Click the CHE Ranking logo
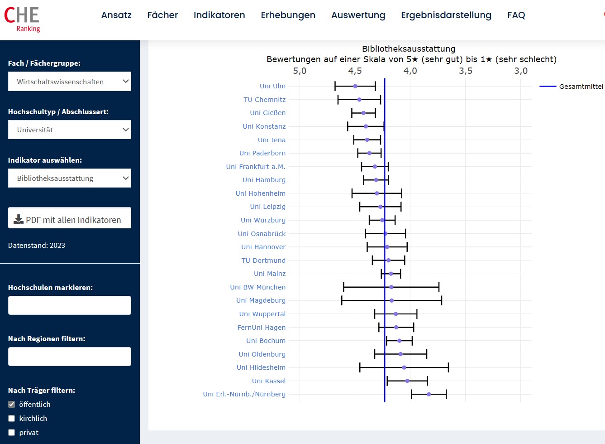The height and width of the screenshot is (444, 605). (22, 19)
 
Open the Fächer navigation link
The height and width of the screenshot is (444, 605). (162, 15)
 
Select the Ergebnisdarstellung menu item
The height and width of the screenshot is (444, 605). (446, 15)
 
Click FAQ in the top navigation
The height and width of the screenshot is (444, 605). (516, 15)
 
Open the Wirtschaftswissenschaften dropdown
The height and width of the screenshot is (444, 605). (70, 82)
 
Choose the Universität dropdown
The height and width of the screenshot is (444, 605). (70, 130)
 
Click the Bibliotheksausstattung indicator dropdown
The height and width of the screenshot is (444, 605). (70, 178)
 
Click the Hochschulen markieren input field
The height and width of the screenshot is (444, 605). (70, 305)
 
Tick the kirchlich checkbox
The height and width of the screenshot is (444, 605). (12, 418)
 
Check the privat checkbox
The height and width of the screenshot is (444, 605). (12, 432)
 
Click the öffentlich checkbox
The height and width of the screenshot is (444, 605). (12, 404)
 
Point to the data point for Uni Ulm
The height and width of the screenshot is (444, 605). (355, 86)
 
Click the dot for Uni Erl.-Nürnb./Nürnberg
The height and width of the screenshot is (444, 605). (429, 394)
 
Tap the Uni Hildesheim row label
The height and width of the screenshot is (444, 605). (261, 367)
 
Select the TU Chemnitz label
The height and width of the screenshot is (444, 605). (265, 100)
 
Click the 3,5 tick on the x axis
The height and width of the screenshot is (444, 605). (466, 71)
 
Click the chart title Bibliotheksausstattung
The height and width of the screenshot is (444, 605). (409, 48)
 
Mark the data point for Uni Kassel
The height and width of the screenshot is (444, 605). (407, 381)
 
